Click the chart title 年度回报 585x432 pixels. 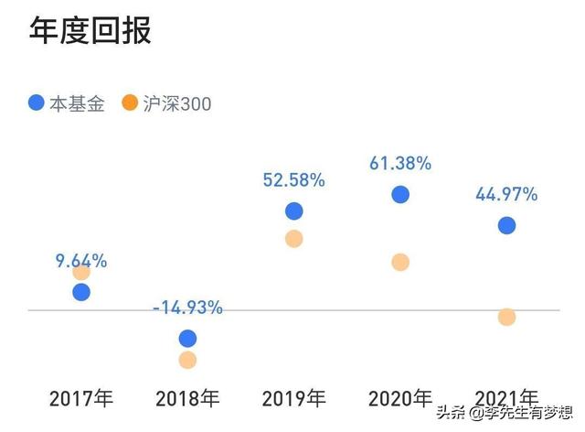(x=90, y=29)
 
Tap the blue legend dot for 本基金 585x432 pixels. (x=36, y=103)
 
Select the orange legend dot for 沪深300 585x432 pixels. (x=129, y=103)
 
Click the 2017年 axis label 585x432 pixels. (x=81, y=399)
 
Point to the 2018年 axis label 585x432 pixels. (x=187, y=399)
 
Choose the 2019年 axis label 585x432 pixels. (x=293, y=399)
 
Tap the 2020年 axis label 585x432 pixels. (x=399, y=399)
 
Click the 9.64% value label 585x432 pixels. (x=80, y=261)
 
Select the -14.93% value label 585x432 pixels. (x=187, y=308)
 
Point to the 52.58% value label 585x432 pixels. (x=293, y=180)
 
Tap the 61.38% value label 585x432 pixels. (x=399, y=164)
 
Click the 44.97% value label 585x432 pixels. (x=506, y=194)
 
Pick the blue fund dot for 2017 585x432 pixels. (x=81, y=292)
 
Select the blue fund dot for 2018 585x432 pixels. (x=187, y=339)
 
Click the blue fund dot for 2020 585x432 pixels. (x=399, y=194)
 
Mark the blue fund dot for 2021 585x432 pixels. (x=506, y=225)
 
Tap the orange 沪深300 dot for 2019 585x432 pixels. (x=293, y=239)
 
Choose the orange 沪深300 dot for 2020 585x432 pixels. (x=399, y=263)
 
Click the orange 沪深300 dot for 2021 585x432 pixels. (x=506, y=317)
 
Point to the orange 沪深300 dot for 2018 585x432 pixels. (x=187, y=360)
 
